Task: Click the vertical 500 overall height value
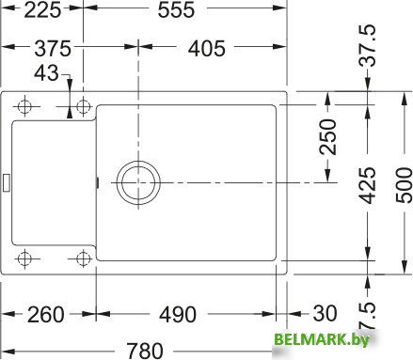(400, 185)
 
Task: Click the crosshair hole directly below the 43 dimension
(83, 104)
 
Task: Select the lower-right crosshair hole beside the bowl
(83, 257)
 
